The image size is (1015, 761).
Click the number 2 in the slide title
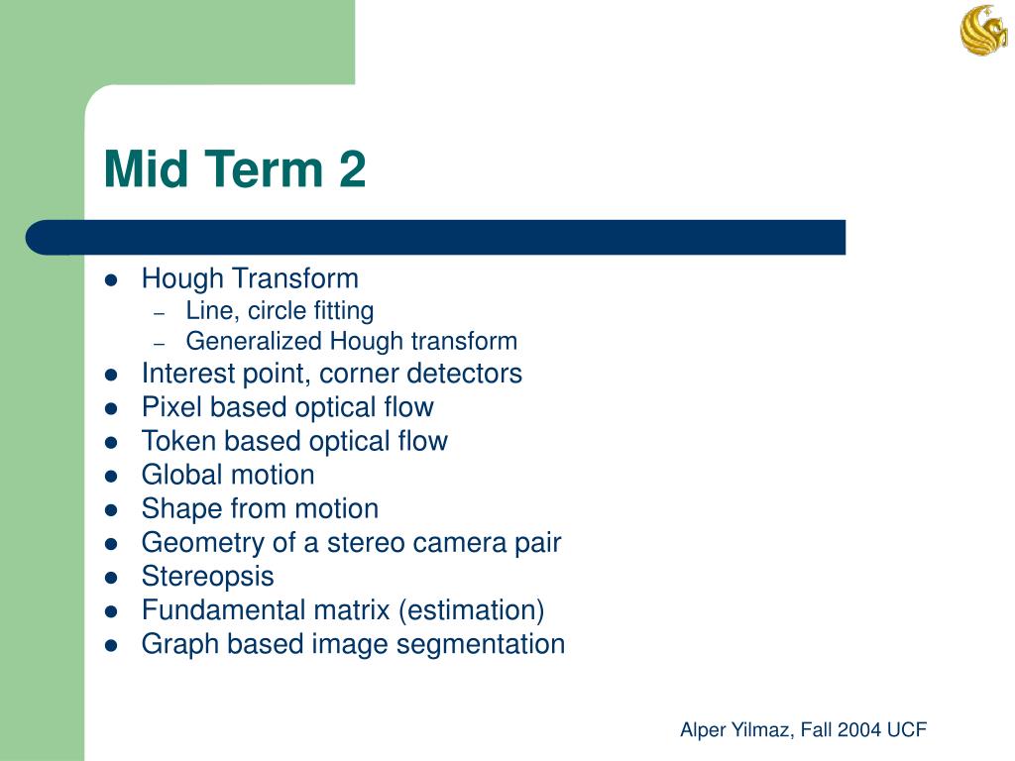[351, 169]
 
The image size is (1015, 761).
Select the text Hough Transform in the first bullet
[250, 278]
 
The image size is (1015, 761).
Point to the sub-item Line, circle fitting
[280, 311]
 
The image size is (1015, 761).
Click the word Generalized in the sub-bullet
[254, 342]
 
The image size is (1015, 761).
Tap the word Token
[173, 441]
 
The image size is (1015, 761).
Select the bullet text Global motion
[228, 475]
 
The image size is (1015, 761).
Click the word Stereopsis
[207, 577]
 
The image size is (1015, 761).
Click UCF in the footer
[906, 730]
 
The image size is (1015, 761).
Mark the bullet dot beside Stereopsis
[111, 578]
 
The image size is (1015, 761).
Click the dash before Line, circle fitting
[160, 312]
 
